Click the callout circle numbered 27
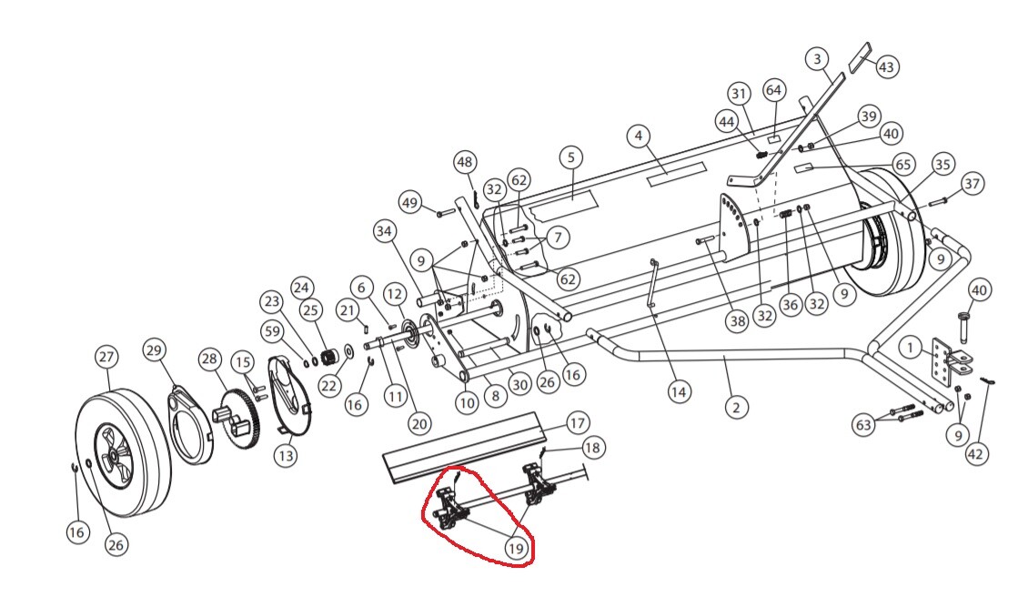coord(106,358)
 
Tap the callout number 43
coord(886,66)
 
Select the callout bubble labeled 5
coord(571,157)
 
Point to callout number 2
coord(737,407)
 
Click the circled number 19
coord(516,548)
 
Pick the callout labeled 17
coord(577,423)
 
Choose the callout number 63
coord(864,425)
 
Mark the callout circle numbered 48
coord(465,162)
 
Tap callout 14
coord(679,392)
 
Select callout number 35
coord(942,164)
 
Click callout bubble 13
coord(286,454)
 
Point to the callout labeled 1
coord(910,347)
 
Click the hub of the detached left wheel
coord(114,453)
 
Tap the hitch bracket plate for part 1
coord(942,364)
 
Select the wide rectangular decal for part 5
coord(564,205)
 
